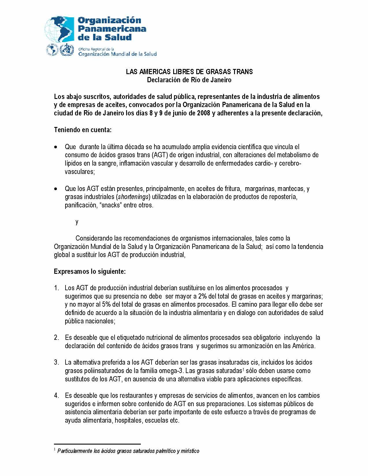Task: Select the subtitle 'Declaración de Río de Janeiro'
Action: click(189, 80)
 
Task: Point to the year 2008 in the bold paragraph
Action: click(203, 113)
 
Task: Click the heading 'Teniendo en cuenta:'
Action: click(83, 130)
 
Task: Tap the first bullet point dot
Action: click(56, 147)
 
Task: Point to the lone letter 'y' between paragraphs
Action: click(77, 222)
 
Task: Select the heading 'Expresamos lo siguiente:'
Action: click(90, 271)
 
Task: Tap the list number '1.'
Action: click(57, 288)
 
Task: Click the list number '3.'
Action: click(57, 362)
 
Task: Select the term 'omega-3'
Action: click(176, 371)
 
